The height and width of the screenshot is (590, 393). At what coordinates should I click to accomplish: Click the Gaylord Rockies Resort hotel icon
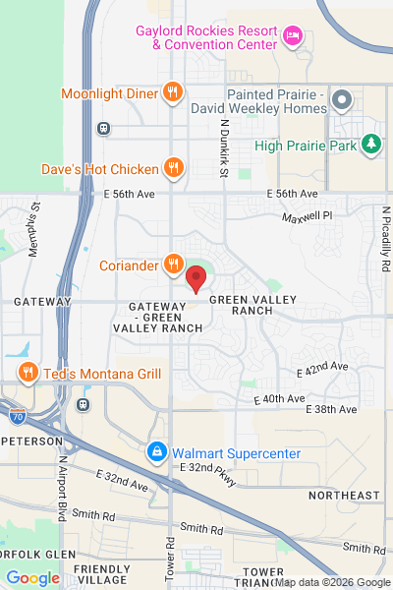tap(292, 36)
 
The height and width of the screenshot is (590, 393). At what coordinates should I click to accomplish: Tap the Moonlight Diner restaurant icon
tap(173, 93)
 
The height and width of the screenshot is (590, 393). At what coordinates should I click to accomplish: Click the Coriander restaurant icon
tap(173, 263)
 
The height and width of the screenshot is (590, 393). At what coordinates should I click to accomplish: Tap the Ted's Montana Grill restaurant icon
tap(28, 373)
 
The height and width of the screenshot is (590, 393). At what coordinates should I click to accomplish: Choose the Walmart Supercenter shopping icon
tap(156, 452)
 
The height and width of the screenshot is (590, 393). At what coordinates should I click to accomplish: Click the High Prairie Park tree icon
tap(370, 146)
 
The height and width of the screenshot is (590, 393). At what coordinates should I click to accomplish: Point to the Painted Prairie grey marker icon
tap(342, 100)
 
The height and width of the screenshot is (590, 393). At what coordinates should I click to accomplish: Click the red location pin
tap(196, 278)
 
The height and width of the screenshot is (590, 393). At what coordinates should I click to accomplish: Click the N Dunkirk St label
tap(224, 148)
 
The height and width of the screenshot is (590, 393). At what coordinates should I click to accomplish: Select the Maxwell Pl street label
tap(308, 215)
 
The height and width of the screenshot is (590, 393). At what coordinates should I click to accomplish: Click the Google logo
tap(32, 578)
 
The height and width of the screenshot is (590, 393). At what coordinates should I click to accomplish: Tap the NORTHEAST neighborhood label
tap(343, 495)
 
